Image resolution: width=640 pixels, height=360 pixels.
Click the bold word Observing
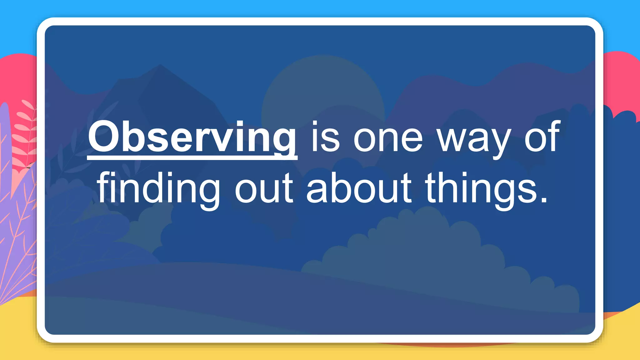(x=192, y=137)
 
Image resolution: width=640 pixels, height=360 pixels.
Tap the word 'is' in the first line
(x=325, y=137)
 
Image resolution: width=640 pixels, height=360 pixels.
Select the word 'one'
(x=388, y=139)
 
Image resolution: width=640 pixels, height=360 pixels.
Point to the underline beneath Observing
(x=192, y=158)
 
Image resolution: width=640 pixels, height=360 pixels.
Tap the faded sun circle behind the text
(x=322, y=91)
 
